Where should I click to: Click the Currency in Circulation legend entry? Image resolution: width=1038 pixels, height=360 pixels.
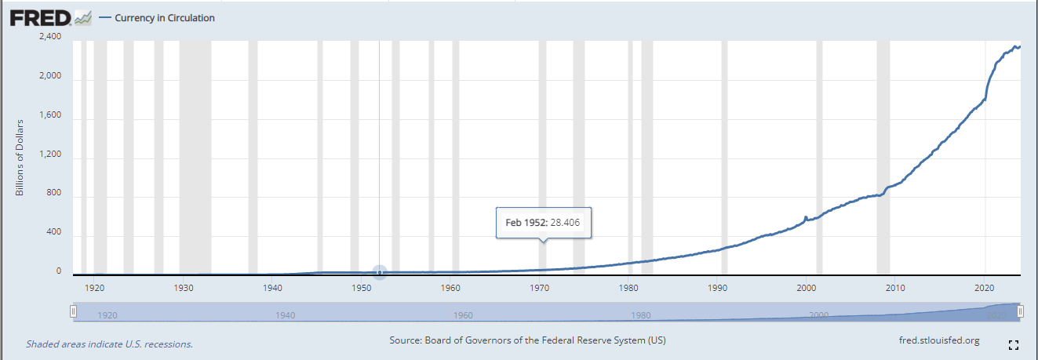[x=164, y=18]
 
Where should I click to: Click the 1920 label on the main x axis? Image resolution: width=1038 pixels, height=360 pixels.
[x=94, y=287]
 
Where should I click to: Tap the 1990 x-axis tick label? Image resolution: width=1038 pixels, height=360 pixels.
[x=718, y=287]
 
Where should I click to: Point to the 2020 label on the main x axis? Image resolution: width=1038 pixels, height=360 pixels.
[x=985, y=287]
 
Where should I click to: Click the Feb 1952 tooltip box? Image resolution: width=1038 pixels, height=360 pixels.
[x=544, y=223]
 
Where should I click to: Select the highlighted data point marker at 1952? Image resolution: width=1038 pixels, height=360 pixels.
[x=380, y=272]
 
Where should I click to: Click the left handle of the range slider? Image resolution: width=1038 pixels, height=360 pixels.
[x=74, y=312]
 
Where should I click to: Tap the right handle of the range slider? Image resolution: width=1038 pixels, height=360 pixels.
[x=1021, y=312]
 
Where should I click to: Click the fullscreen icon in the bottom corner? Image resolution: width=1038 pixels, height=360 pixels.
[x=1013, y=344]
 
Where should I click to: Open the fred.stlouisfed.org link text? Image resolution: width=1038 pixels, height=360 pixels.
[x=939, y=340]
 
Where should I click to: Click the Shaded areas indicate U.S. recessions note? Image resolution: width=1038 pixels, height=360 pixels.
[x=109, y=344]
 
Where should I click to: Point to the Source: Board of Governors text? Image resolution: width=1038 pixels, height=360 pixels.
[x=527, y=340]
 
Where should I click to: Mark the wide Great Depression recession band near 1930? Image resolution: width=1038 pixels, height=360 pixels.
[x=195, y=157]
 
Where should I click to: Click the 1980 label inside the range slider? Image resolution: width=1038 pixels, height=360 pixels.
[x=641, y=315]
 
